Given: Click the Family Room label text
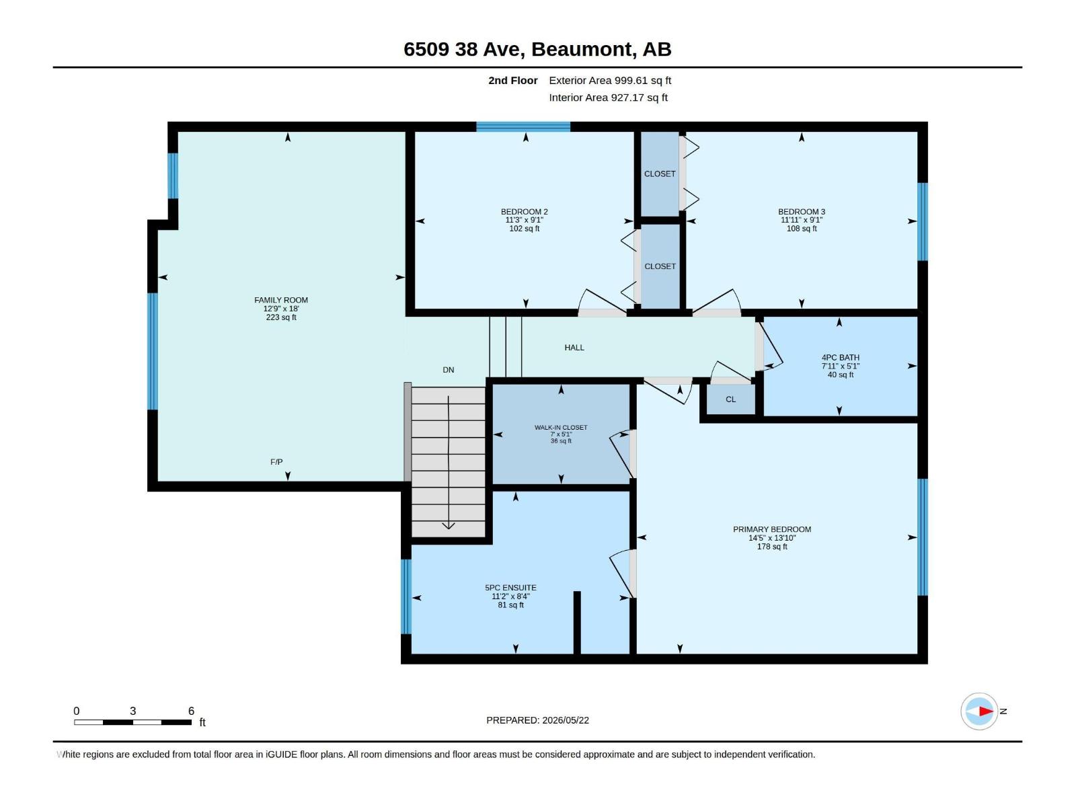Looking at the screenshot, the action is pyautogui.click(x=281, y=301).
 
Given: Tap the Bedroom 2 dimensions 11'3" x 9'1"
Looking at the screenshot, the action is pyautogui.click(x=524, y=221).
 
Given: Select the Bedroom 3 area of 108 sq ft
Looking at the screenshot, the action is pyautogui.click(x=802, y=229).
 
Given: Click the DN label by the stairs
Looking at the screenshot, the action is pyautogui.click(x=448, y=370).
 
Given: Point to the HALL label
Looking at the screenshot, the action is pyautogui.click(x=574, y=348).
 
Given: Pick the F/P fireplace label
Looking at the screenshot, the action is pyautogui.click(x=276, y=462).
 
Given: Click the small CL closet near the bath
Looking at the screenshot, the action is pyautogui.click(x=730, y=399).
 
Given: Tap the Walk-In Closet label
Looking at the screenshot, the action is pyautogui.click(x=561, y=428).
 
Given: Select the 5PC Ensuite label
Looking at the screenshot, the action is pyautogui.click(x=510, y=588).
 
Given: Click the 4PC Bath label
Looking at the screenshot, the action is pyautogui.click(x=840, y=358).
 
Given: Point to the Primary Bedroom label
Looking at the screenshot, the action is pyautogui.click(x=771, y=530).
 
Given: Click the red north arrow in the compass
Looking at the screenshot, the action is pyautogui.click(x=986, y=711).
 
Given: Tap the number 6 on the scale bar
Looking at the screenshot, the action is pyautogui.click(x=191, y=711).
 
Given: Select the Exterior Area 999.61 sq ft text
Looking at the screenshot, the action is pyautogui.click(x=610, y=80).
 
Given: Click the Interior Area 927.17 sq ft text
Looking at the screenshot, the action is pyautogui.click(x=608, y=98).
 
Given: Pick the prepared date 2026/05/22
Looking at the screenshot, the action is pyautogui.click(x=565, y=720).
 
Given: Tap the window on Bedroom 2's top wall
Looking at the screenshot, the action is pyautogui.click(x=523, y=127).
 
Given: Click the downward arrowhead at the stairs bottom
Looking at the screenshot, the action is pyautogui.click(x=448, y=526).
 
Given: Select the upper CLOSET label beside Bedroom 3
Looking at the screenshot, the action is pyautogui.click(x=659, y=174).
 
